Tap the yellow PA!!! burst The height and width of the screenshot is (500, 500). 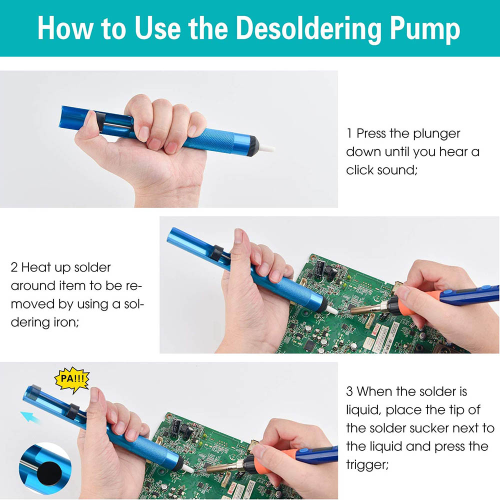pos(72,379)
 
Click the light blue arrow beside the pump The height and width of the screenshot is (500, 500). pos(30,417)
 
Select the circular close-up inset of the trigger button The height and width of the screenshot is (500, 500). pos(45,468)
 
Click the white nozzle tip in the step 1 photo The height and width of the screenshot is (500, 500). pos(266,148)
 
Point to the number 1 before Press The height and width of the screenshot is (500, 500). pos(349,133)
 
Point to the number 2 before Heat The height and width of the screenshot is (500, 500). pos(14,267)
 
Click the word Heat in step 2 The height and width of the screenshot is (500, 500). pos(36,267)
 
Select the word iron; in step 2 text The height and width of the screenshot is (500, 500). pos(65,322)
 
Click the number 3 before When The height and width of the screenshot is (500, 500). pos(349,391)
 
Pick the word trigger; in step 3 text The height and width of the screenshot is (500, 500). pos(367,465)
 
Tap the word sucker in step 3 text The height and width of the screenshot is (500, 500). pos(429,428)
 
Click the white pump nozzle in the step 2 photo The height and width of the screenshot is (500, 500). pos(332,310)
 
